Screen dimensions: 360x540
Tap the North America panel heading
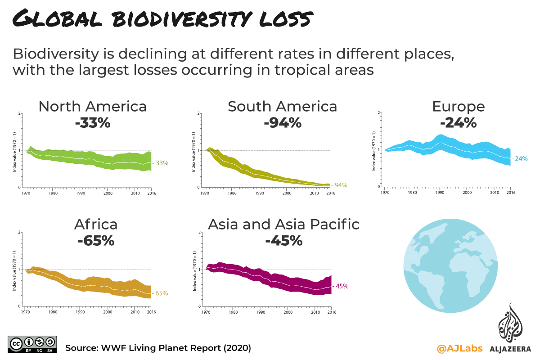93,107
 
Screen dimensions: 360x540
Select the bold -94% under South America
283,122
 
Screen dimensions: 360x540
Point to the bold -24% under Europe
458,122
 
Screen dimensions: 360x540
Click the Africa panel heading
96,224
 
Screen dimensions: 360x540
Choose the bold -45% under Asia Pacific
283,241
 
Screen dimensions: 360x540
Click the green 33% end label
160,163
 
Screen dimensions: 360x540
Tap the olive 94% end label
340,185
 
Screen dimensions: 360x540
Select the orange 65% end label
161,293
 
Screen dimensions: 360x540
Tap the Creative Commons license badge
31,344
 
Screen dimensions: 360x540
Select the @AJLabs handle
459,348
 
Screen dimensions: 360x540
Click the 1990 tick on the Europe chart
440,193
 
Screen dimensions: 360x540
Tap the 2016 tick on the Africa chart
151,311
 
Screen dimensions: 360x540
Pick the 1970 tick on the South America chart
205,193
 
